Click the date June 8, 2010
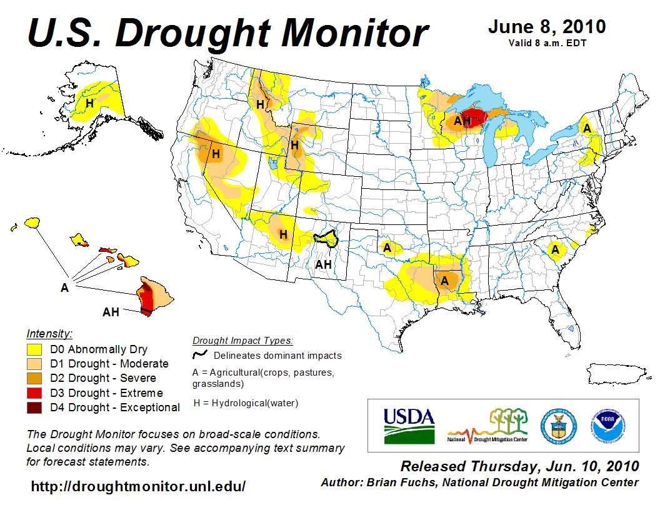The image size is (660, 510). (x=546, y=27)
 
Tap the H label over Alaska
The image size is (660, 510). (x=90, y=103)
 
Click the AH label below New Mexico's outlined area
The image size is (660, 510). (x=323, y=264)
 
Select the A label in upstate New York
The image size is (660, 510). (x=587, y=128)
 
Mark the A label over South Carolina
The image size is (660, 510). (x=554, y=250)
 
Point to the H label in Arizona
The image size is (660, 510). (x=283, y=235)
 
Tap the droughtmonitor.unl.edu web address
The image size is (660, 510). (x=138, y=486)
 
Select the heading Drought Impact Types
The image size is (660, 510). (x=242, y=341)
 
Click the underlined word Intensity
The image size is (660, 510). (x=49, y=333)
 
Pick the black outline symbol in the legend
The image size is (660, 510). (x=200, y=355)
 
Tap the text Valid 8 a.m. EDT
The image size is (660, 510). (x=546, y=42)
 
